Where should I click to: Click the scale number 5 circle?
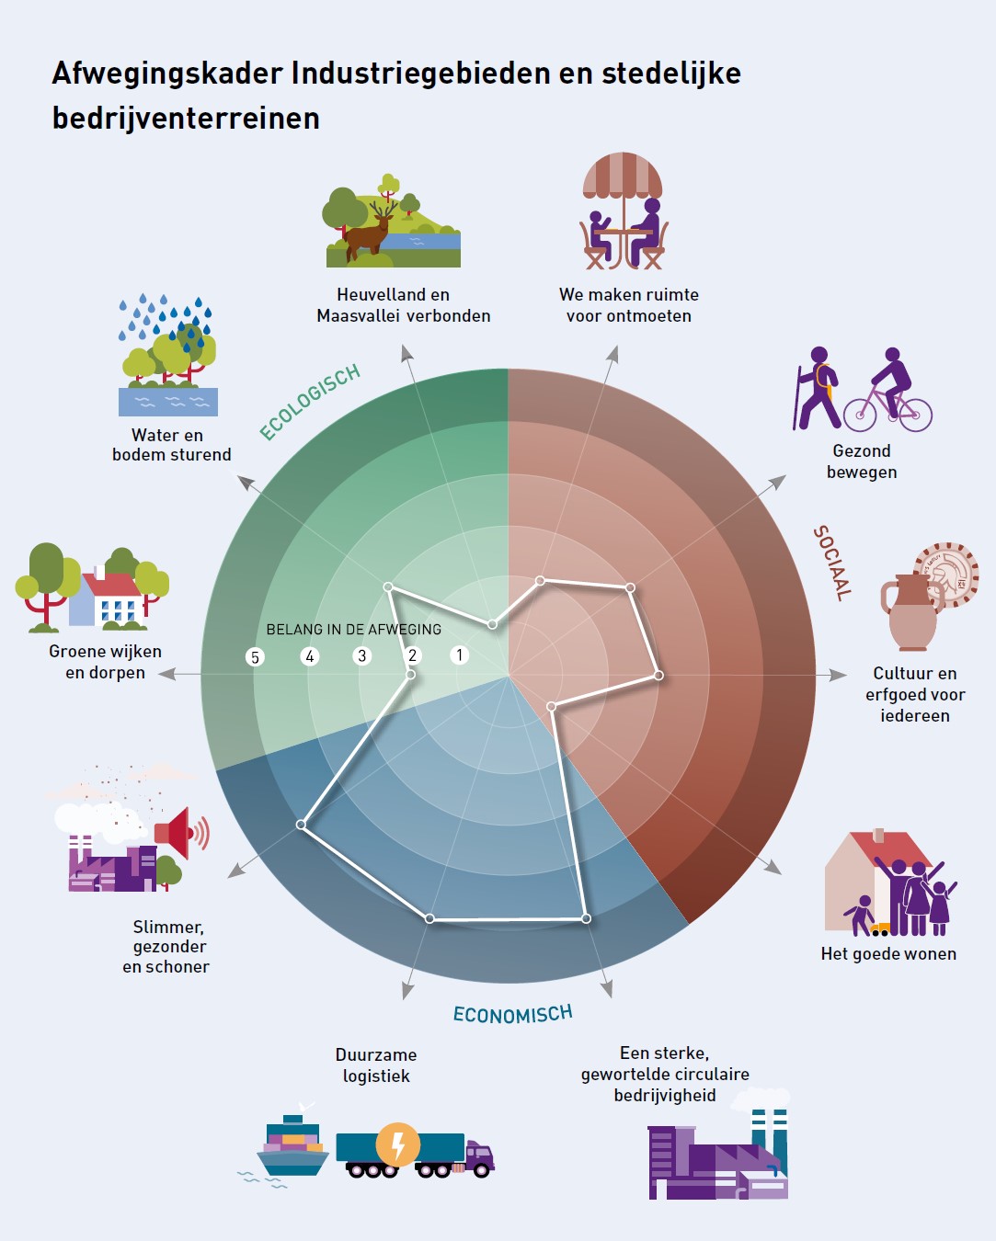point(255,657)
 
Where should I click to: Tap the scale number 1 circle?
point(459,655)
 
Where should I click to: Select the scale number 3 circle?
point(361,656)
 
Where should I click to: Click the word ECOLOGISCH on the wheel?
point(310,402)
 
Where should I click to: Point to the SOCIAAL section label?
point(832,563)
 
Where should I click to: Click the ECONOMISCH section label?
point(512,1014)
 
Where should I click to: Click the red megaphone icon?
point(181,833)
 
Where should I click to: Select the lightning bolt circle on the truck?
point(397,1144)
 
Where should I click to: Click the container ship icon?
point(292,1147)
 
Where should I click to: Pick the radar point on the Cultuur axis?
point(658,676)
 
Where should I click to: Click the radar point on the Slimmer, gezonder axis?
point(301,825)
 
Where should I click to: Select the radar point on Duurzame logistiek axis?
point(429,918)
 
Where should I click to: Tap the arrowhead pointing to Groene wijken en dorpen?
point(166,674)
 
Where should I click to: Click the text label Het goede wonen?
point(888,954)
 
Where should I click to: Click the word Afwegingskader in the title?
point(167,74)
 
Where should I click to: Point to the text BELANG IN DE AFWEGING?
point(354,629)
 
